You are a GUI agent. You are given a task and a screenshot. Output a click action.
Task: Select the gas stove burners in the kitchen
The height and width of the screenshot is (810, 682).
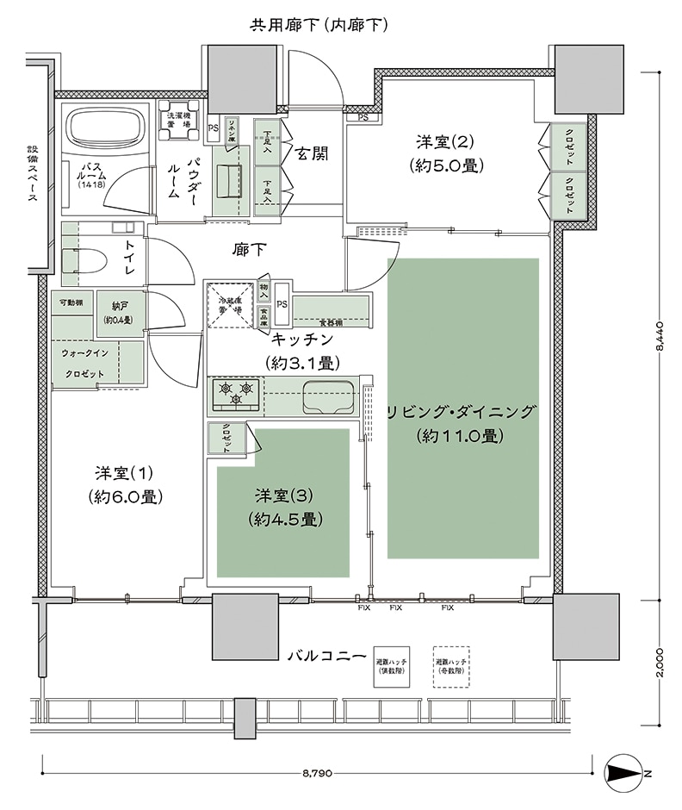click(237, 393)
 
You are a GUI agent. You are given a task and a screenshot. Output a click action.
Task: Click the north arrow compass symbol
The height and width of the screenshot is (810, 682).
click(626, 773)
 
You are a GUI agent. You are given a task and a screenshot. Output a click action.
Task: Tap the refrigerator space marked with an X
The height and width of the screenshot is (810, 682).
click(230, 306)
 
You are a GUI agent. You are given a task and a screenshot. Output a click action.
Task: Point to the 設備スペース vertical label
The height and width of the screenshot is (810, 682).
click(31, 172)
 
